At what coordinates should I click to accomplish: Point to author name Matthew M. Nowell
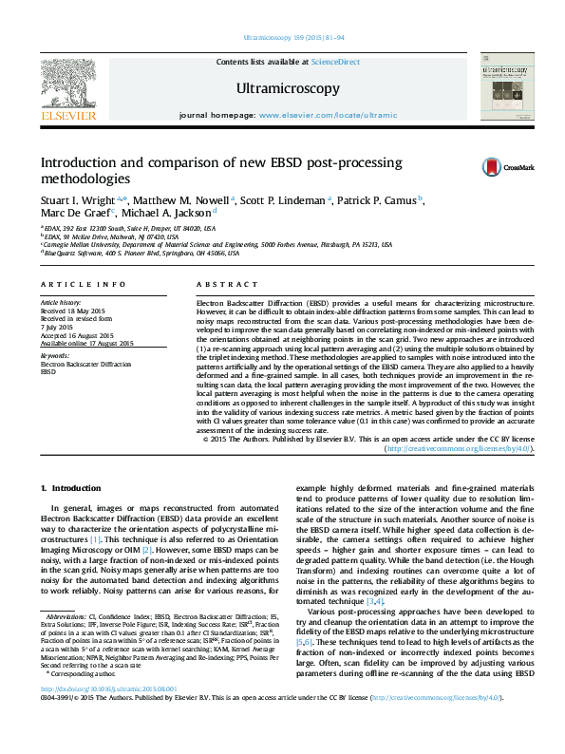[x=181, y=200]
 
